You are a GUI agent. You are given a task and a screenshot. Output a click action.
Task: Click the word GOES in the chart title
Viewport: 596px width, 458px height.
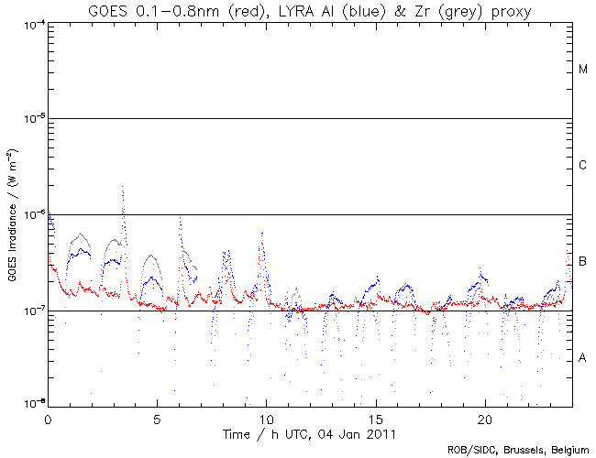(108, 11)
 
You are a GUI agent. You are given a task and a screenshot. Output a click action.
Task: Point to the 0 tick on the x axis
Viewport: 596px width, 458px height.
(48, 417)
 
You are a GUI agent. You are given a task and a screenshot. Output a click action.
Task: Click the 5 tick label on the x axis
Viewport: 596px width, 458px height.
(158, 417)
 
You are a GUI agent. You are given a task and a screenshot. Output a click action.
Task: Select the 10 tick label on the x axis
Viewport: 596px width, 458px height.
(267, 417)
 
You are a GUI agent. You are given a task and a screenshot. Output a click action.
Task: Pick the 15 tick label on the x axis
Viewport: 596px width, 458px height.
(376, 417)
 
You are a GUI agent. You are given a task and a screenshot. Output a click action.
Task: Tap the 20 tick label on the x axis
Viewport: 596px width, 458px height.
(485, 417)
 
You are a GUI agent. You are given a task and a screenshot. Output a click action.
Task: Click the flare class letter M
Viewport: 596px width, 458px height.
(583, 70)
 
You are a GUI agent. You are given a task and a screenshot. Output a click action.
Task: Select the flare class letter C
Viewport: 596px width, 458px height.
(583, 166)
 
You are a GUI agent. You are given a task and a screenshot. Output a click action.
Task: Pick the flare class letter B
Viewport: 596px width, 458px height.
(583, 262)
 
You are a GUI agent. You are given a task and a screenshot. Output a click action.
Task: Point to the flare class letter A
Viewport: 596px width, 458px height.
(583, 358)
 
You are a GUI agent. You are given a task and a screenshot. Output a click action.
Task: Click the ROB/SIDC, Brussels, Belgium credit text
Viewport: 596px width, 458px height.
(518, 450)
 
